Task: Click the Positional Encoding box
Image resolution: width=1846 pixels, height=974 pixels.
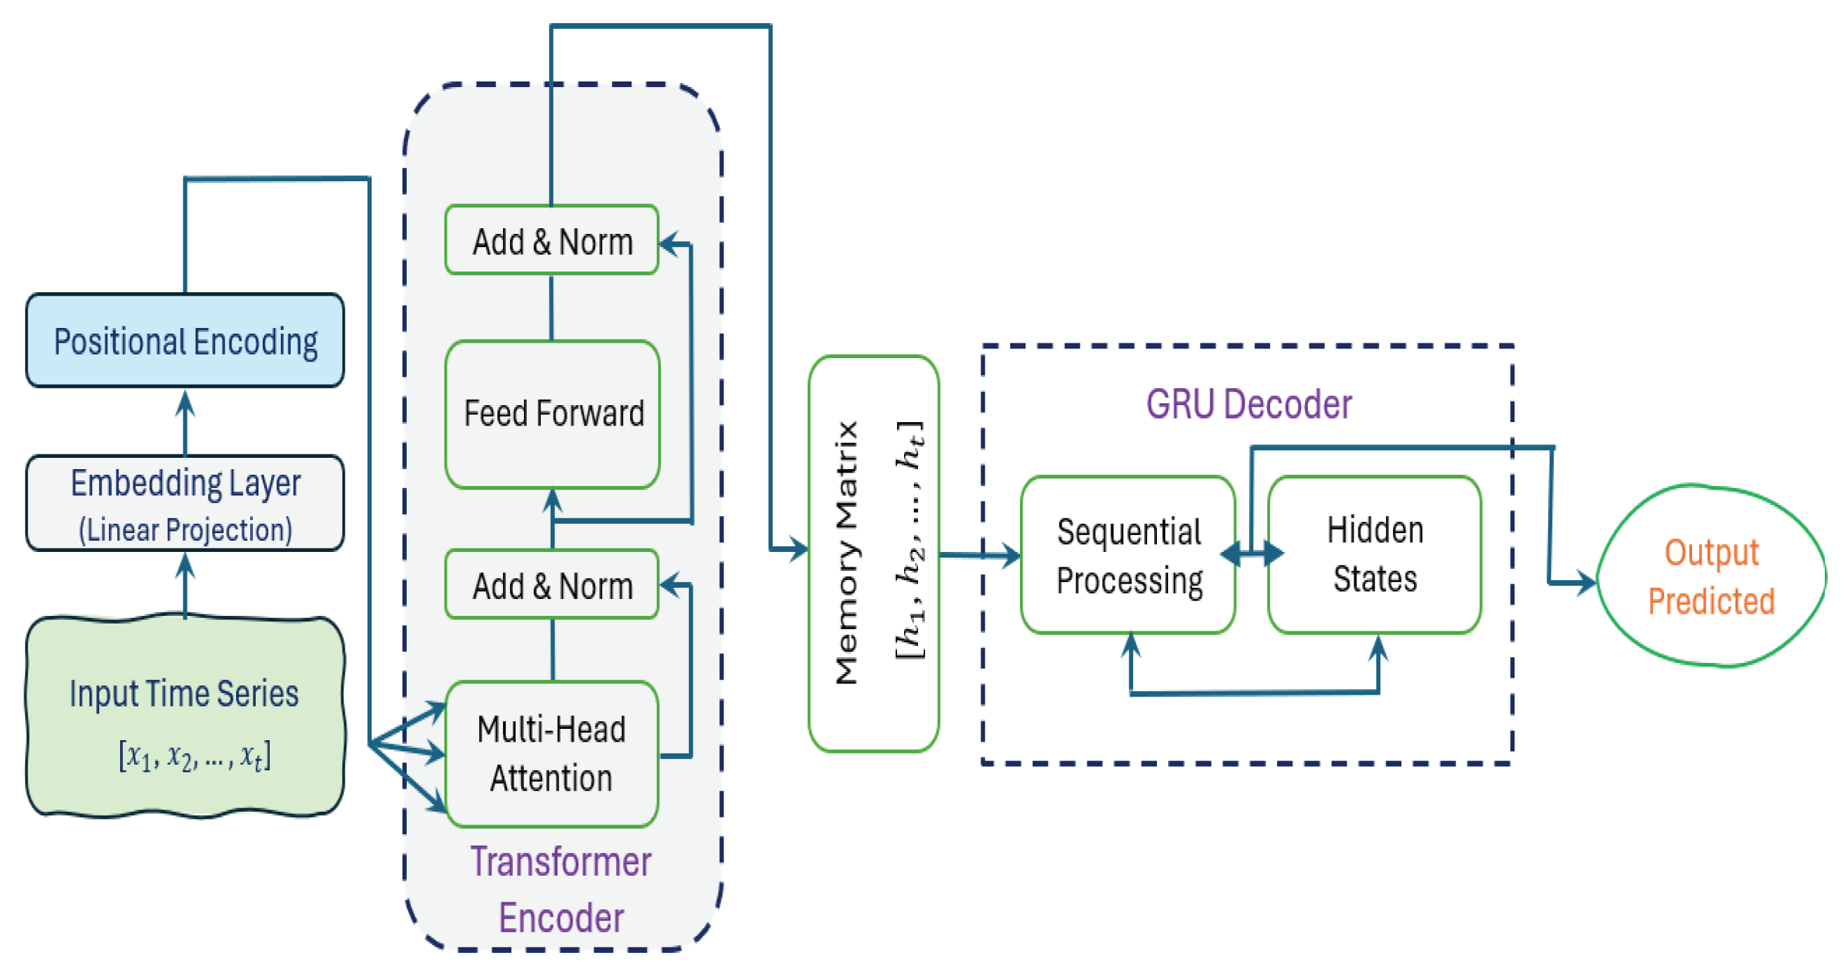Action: (x=185, y=340)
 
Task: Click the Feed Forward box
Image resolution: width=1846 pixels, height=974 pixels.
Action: (x=553, y=414)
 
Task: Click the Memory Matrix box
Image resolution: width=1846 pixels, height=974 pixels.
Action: (x=873, y=553)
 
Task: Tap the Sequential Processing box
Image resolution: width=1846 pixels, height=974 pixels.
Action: (x=1128, y=555)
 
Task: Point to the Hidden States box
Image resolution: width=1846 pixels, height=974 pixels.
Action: (x=1375, y=555)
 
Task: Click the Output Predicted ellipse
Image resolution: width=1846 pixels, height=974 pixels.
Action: (x=1711, y=577)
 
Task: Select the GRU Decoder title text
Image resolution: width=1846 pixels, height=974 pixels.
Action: (x=1248, y=404)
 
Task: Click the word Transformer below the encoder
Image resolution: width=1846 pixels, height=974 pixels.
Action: (x=561, y=862)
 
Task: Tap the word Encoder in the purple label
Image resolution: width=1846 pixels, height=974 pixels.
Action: (x=561, y=918)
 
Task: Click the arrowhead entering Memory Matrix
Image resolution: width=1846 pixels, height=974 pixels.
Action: (x=798, y=549)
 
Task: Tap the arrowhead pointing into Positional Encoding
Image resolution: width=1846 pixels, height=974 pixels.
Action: (x=185, y=402)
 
